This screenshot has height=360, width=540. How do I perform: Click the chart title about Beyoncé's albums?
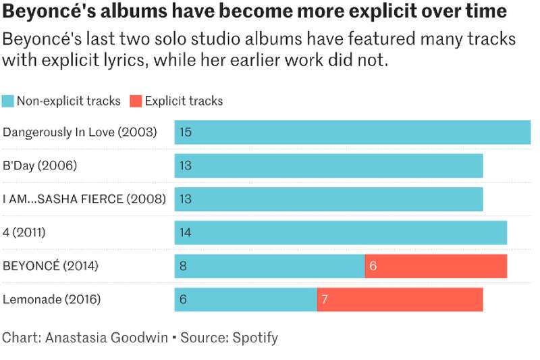pyautogui.click(x=254, y=11)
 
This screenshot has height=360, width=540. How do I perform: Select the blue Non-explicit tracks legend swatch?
pyautogui.click(x=8, y=101)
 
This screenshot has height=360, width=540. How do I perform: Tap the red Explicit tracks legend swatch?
pyautogui.click(x=136, y=101)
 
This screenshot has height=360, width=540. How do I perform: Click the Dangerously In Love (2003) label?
pyautogui.click(x=80, y=132)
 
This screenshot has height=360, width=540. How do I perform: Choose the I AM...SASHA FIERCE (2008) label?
pyautogui.click(x=84, y=199)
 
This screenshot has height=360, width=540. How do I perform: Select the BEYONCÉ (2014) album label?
pyautogui.click(x=51, y=266)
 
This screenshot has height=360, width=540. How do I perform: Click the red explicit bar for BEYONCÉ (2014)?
pyautogui.click(x=436, y=266)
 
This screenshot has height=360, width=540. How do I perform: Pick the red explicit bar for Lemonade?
pyautogui.click(x=400, y=299)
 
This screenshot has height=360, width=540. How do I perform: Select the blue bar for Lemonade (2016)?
pyautogui.click(x=246, y=299)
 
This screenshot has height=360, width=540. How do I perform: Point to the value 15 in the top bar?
pyautogui.click(x=186, y=132)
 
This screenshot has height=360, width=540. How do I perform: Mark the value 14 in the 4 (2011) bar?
pyautogui.click(x=186, y=232)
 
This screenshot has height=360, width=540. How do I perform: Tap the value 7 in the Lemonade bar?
pyautogui.click(x=325, y=299)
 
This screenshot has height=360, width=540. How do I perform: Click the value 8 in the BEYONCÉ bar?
pyautogui.click(x=183, y=266)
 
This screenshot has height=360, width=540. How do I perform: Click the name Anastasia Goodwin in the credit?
pyautogui.click(x=107, y=338)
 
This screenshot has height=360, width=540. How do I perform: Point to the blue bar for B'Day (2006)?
pyautogui.click(x=329, y=165)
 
